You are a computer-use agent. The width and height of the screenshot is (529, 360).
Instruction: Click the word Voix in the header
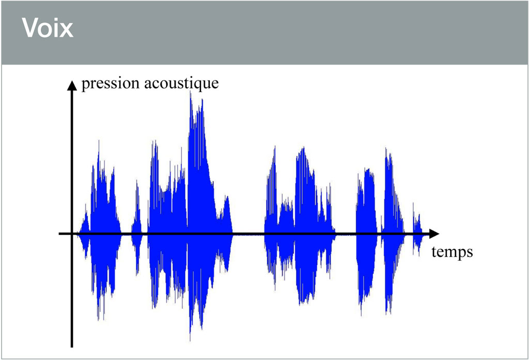pos(48,28)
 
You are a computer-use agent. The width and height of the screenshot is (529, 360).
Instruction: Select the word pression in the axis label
pos(111,84)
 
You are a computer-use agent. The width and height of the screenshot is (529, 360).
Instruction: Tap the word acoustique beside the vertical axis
pos(181,84)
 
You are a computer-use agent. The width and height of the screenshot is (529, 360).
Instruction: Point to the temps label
pos(452,252)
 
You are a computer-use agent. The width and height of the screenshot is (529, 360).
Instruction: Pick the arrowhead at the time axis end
pos(434,233)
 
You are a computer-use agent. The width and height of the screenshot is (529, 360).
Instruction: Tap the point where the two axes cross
pos(72,233)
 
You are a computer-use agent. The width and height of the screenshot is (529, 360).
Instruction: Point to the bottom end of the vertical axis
pos(72,347)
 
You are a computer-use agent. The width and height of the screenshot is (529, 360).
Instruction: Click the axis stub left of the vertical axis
pos(65,233)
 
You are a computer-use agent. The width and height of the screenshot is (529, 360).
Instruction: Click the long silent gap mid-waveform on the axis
pos(248,233)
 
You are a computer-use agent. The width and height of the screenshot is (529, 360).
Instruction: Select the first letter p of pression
pos(86,85)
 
